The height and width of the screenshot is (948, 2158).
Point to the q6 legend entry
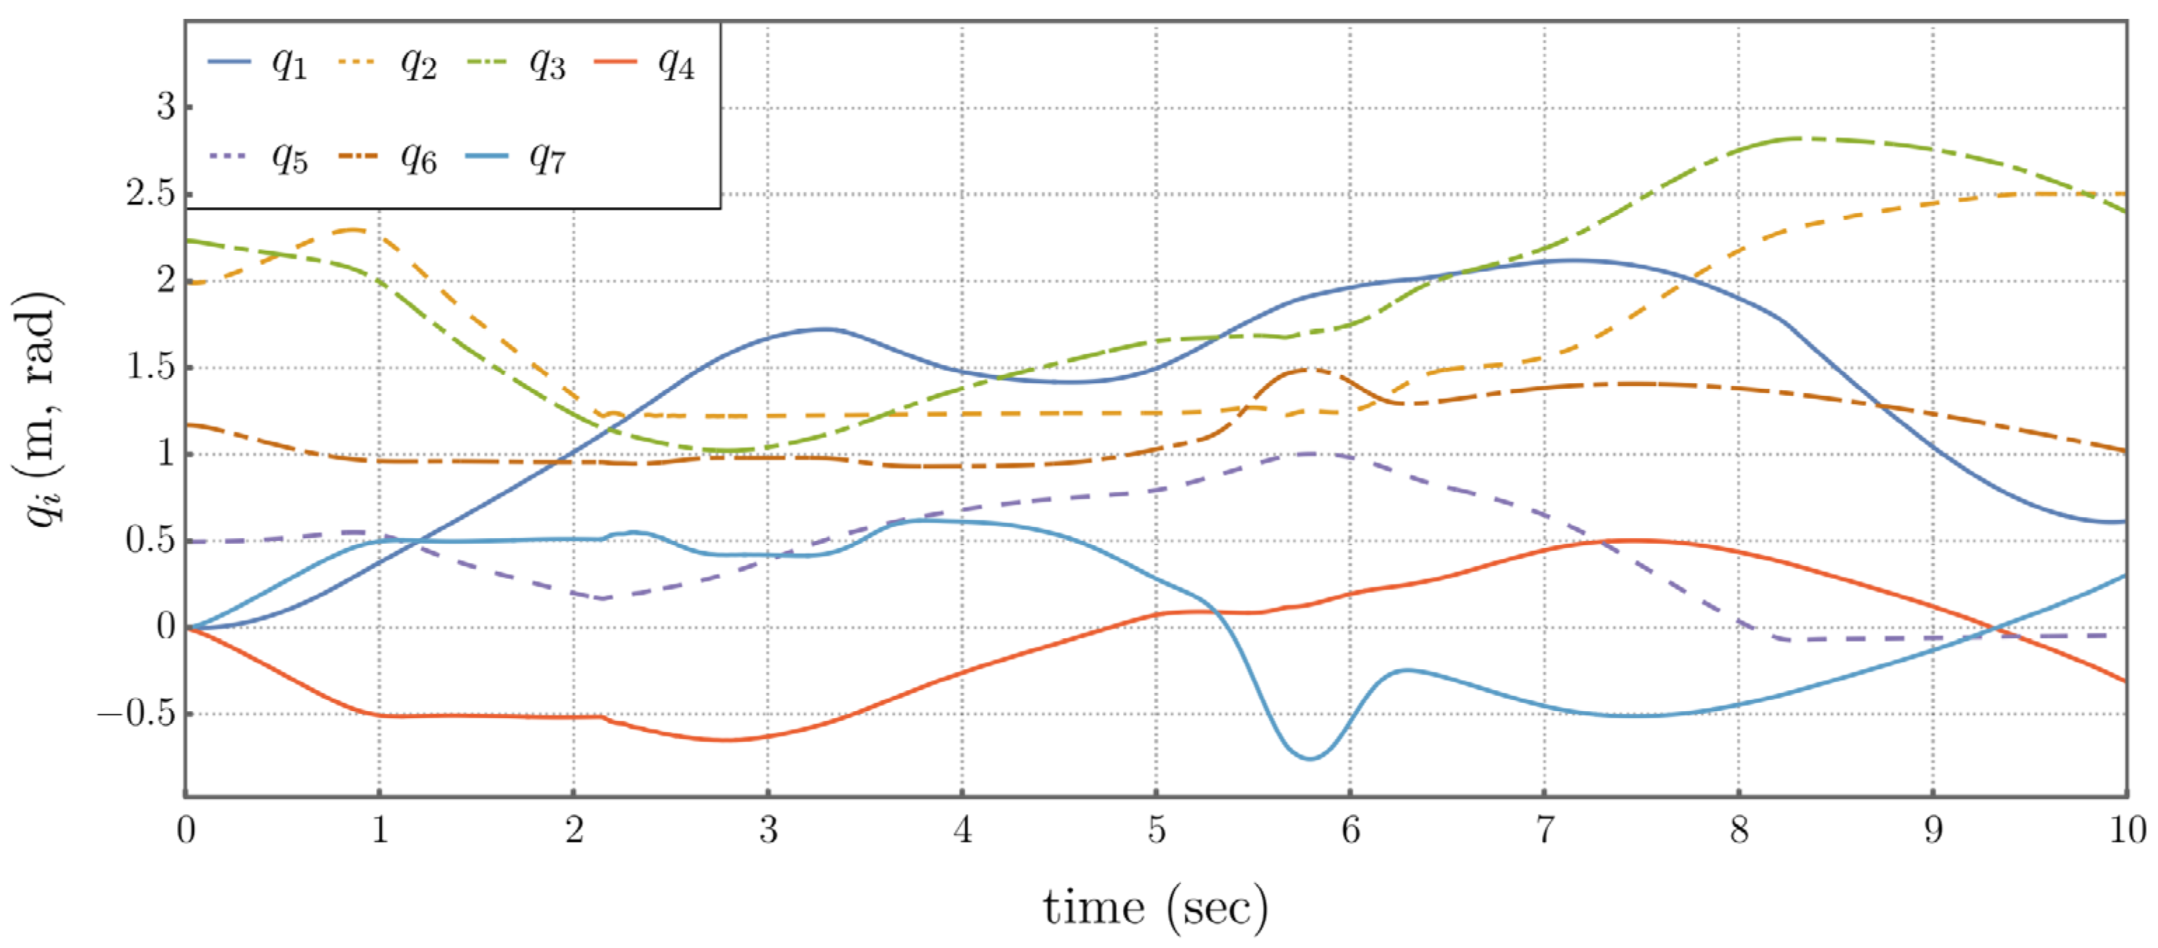click(x=387, y=157)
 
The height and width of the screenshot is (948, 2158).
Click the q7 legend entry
click(x=516, y=157)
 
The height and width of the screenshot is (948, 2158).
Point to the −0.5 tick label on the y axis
click(x=137, y=715)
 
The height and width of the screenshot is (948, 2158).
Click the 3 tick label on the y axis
click(x=166, y=107)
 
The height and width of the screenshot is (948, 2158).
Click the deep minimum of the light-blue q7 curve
click(x=1310, y=759)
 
